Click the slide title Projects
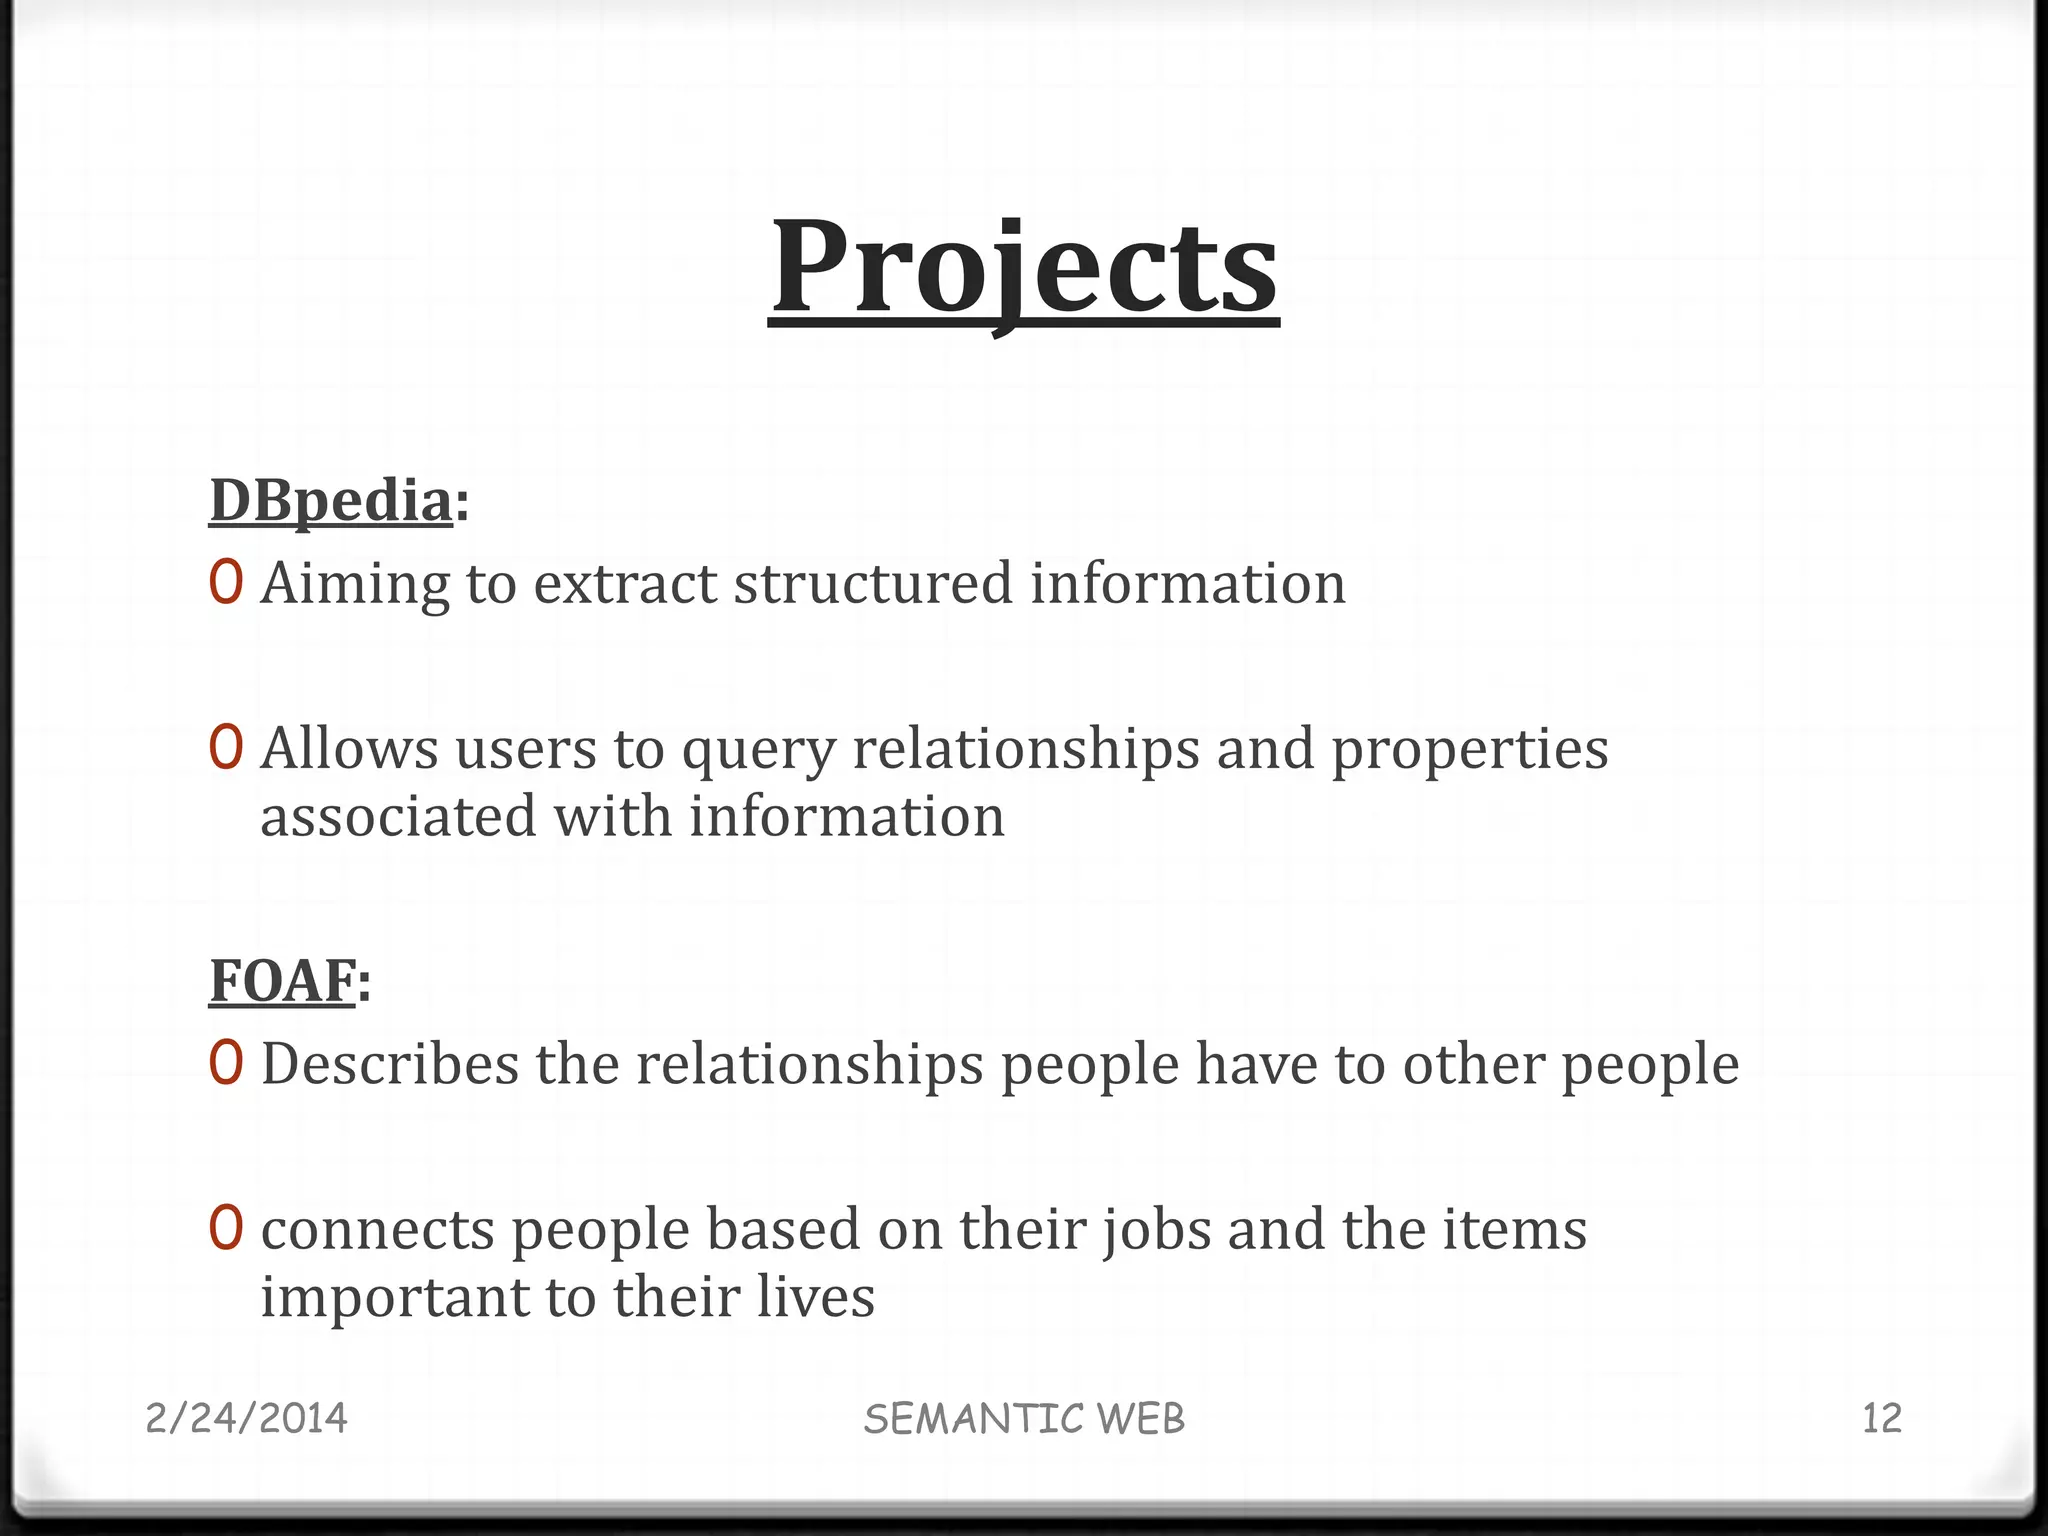[1024, 267]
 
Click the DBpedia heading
[331, 500]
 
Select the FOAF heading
[283, 980]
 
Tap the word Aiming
[355, 584]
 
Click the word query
[758, 750]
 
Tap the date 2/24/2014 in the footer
[246, 1419]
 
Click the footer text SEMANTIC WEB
[1024, 1419]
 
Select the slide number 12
[1881, 1419]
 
